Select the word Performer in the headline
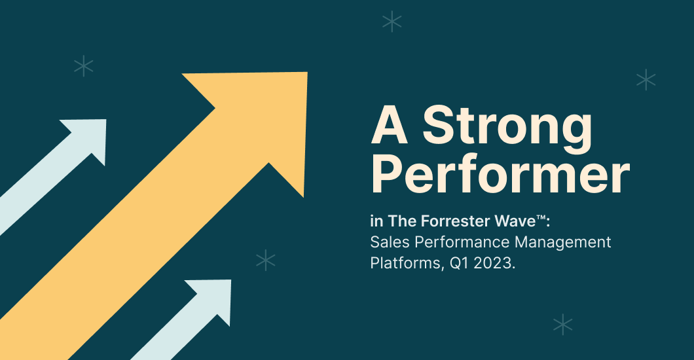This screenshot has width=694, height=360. (x=500, y=175)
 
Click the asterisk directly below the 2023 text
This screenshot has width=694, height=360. (x=562, y=324)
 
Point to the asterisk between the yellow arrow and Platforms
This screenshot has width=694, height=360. (x=265, y=261)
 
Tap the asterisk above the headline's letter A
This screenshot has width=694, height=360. (x=392, y=22)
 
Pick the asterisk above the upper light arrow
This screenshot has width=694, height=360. (x=84, y=65)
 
